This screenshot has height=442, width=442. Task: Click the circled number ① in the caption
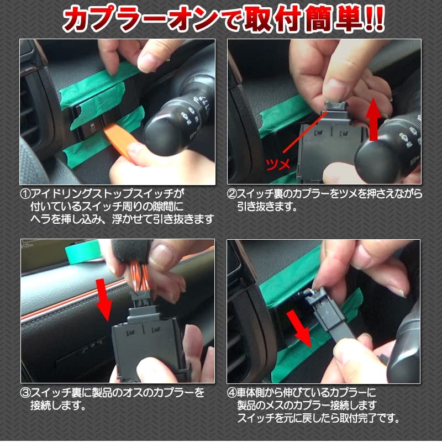click(x=26, y=194)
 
